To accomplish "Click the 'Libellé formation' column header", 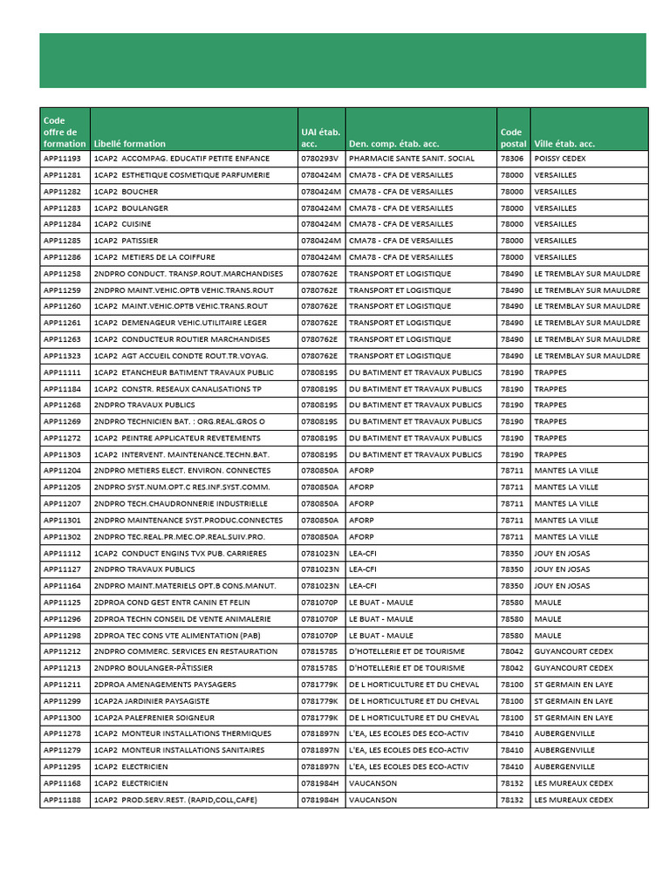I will pos(130,144).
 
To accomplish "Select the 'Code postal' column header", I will pos(513,138).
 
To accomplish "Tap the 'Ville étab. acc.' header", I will pos(564,144).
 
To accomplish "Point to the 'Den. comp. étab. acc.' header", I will pos(393,144).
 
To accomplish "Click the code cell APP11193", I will pos(62,159).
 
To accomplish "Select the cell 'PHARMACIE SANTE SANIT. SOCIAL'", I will pos(412,159).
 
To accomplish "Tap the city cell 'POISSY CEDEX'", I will pos(560,159).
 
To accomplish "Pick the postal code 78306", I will pos(512,159).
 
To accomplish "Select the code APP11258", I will pos(62,274).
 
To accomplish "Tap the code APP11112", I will pos(62,553).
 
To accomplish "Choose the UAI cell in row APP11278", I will pos(320,734).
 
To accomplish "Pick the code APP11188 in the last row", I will pos(62,800).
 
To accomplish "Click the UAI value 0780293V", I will pos(319,159).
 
